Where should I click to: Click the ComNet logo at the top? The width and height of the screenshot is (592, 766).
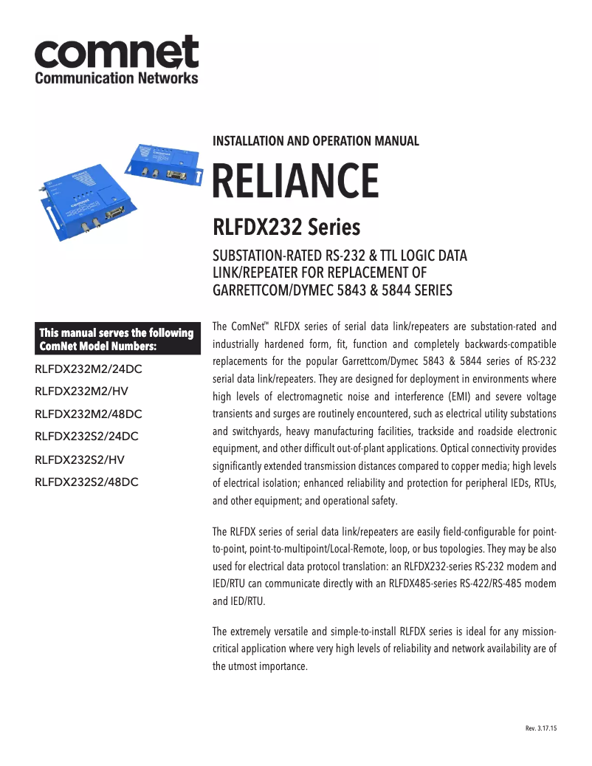coord(117,52)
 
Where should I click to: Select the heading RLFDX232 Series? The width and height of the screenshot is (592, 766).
coord(286,225)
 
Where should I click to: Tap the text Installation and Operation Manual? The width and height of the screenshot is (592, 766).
coord(315,141)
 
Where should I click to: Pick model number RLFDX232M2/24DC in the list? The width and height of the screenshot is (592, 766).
coord(89,369)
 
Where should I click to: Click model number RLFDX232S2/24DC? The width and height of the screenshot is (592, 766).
coord(87,437)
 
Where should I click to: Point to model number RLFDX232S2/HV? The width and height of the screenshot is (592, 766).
coord(79,459)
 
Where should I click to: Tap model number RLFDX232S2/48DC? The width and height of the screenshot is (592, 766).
coord(87,482)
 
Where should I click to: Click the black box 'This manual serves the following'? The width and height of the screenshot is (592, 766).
coord(117,339)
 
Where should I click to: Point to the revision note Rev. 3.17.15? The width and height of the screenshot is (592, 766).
coord(540,729)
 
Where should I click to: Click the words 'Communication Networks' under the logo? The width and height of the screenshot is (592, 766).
coord(117,78)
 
